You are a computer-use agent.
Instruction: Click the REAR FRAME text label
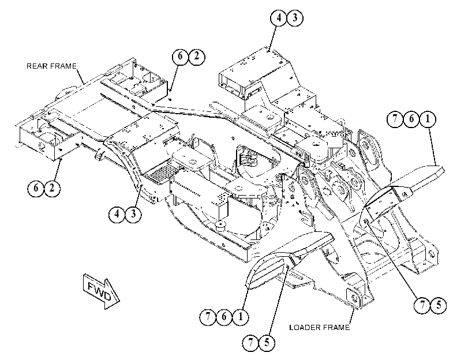point(51,66)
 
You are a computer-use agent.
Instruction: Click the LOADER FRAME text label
point(319,328)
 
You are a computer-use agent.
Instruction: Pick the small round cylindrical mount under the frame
point(220,226)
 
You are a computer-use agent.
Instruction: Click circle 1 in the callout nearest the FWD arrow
point(240,317)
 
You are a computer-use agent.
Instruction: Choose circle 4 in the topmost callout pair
point(279,18)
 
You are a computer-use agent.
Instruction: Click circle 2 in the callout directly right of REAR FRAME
point(197,56)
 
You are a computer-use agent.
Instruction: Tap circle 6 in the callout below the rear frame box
point(36,188)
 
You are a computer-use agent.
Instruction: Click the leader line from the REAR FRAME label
point(80,76)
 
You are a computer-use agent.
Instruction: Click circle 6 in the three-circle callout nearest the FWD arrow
point(224,317)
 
